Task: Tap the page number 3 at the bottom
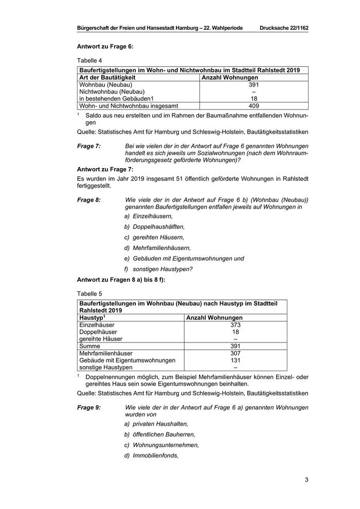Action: coord(306,480)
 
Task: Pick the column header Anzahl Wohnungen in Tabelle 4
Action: coord(229,77)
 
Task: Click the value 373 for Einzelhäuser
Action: coord(236,325)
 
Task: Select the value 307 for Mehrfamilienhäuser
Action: coord(236,354)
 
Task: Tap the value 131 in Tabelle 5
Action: coord(236,360)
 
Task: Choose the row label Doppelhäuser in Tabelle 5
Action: coord(96,332)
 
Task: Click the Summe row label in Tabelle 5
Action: coord(89,347)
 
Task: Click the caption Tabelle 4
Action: coord(89,60)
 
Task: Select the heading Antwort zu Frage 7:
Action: coord(105,169)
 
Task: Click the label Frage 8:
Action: coord(88,199)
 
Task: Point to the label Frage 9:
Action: coord(88,407)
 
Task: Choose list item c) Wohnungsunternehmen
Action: coord(161,445)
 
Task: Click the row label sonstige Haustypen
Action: coord(105,368)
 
